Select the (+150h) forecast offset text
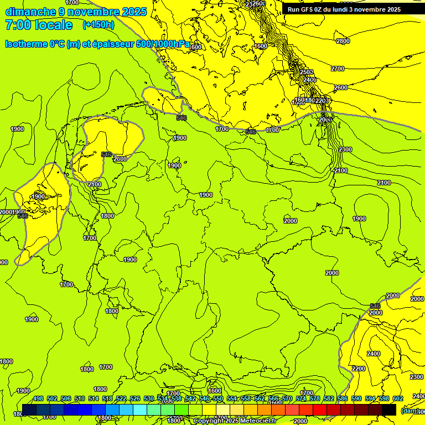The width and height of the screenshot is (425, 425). pos(98,24)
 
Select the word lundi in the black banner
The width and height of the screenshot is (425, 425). pos(344,9)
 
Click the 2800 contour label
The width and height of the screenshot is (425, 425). pos(343,41)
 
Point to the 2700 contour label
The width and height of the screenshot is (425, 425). pos(338,69)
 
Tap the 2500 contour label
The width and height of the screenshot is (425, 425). pos(307,72)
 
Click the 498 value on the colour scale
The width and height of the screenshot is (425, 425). pos(38,398)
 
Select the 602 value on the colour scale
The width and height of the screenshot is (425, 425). pos(397,398)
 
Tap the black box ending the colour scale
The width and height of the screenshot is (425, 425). pos(389,410)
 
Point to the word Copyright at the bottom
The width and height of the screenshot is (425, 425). pos(209,421)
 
